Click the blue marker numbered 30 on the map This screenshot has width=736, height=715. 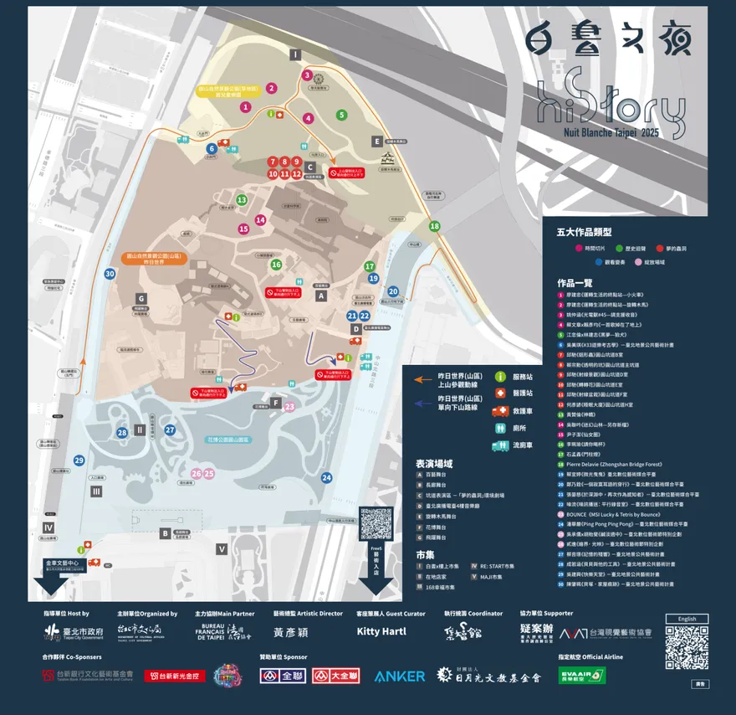(110, 274)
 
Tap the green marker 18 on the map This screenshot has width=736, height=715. (434, 226)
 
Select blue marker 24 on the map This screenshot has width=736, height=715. (326, 478)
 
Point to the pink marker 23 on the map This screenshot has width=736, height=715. (289, 407)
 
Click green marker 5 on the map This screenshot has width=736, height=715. (341, 115)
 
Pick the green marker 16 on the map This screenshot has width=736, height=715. (276, 265)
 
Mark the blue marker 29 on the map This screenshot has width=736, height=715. (79, 460)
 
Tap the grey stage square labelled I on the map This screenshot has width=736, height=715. (295, 54)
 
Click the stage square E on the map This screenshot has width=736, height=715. (378, 141)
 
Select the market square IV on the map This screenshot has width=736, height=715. (49, 527)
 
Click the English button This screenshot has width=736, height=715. (687, 619)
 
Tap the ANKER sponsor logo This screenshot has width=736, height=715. (400, 676)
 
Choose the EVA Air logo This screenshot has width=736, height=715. (582, 675)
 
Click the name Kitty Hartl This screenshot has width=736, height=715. (381, 631)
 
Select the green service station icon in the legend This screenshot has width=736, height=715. (501, 377)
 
